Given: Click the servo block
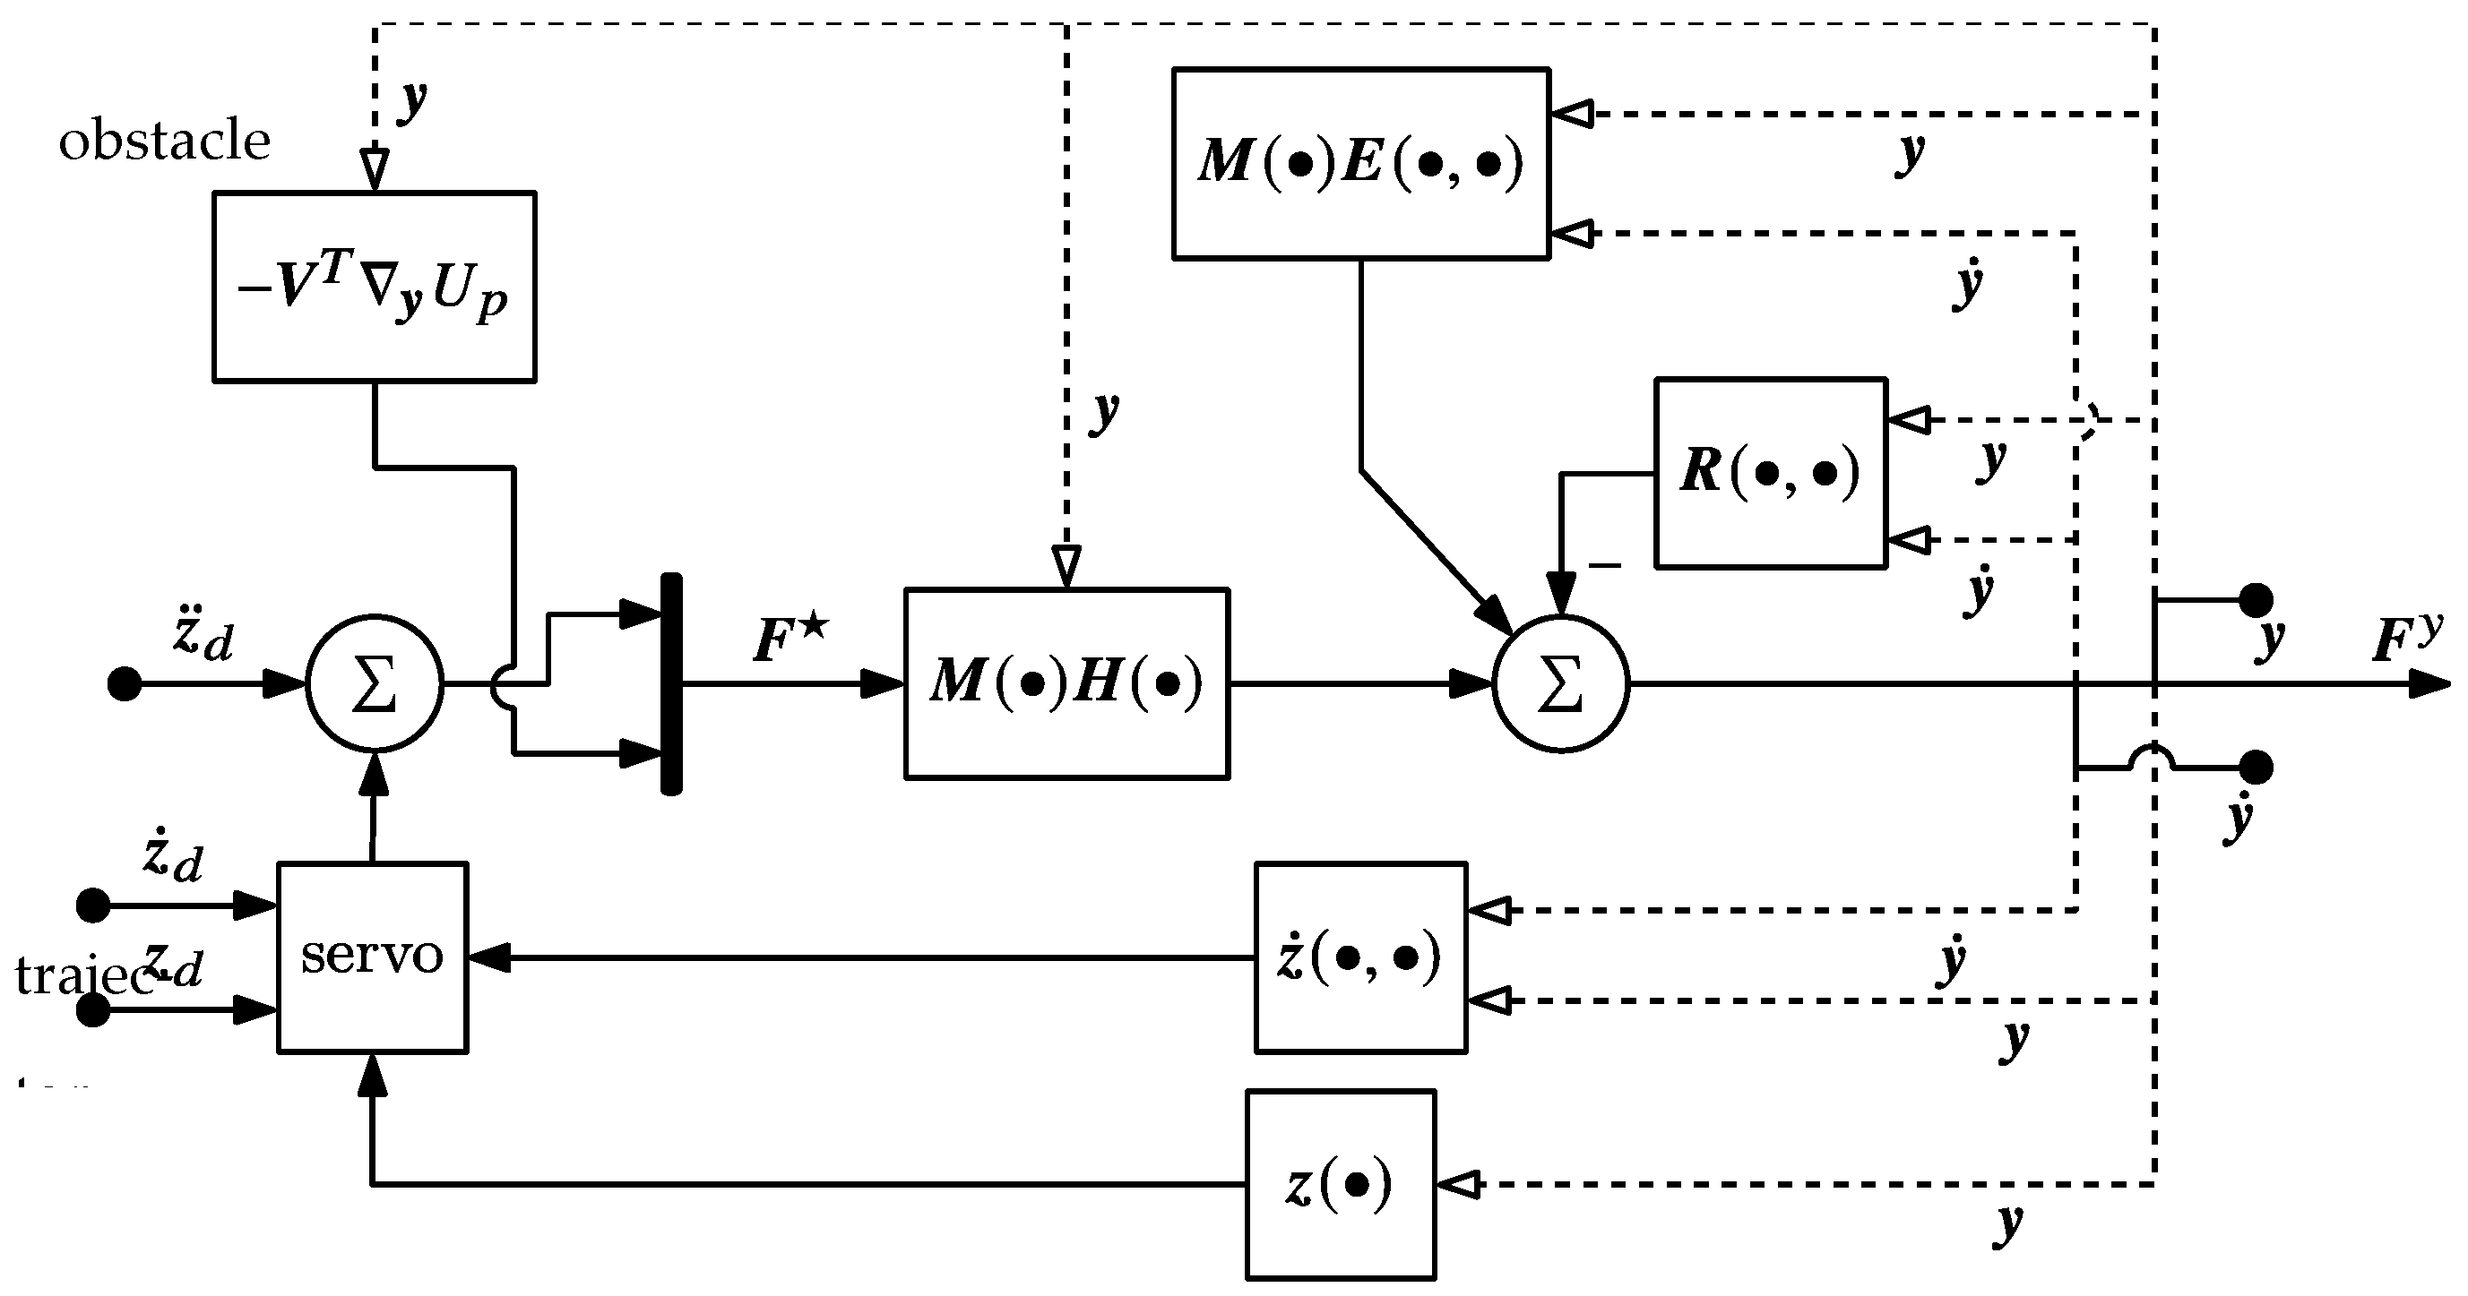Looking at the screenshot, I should coord(372,957).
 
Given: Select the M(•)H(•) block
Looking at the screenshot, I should coord(1066,683).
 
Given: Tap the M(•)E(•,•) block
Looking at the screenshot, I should coord(1360,162).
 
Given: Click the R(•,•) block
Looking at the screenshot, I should coord(1771,472).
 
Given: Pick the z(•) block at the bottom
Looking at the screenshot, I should coord(1341,1184).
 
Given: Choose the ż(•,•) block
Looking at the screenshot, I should coord(1360,957).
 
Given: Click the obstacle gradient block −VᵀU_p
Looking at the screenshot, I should coord(374,287).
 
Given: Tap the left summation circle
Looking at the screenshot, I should coord(375,684).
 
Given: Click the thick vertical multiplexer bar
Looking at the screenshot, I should coord(671,684).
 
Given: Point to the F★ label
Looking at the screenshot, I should coord(790,639).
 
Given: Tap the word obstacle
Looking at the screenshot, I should coord(165,142).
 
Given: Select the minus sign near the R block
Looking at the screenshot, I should coord(1606,565).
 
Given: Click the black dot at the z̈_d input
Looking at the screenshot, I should coord(124,684).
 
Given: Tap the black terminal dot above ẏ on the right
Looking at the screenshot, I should coord(2257,768).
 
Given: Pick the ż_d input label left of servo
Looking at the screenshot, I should coord(172,855).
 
